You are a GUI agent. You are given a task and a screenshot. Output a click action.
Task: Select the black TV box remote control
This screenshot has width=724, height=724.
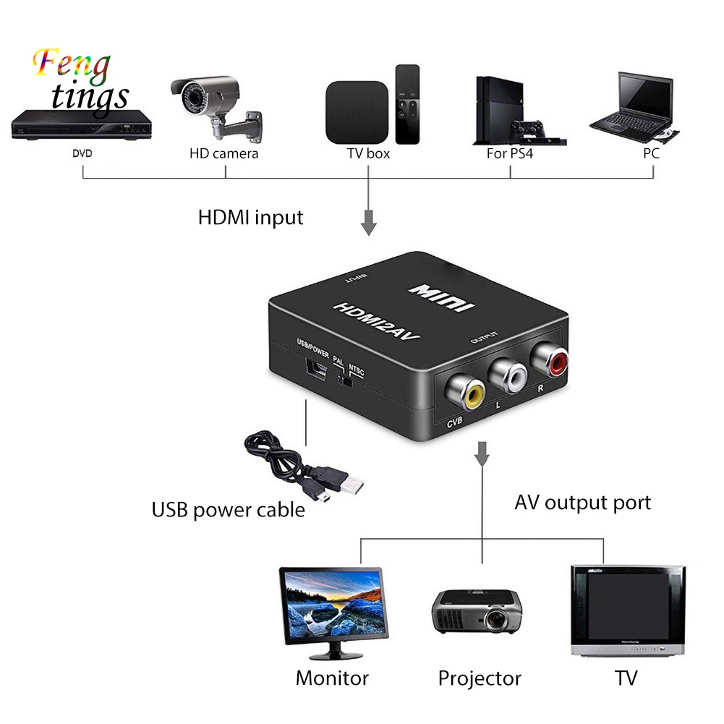pos(407,103)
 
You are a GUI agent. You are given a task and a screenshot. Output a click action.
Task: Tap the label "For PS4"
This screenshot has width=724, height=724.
pos(509,153)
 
